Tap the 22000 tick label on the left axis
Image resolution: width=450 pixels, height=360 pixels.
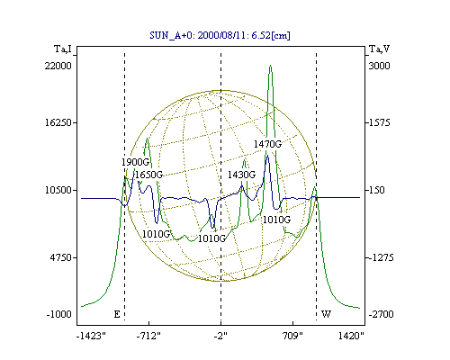coord(58,66)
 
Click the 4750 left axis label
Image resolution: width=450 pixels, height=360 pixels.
coord(59,257)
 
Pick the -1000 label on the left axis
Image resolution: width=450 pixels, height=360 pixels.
coord(59,314)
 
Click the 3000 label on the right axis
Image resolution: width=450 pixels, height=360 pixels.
coord(379,66)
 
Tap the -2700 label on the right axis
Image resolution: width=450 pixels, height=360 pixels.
coord(381,314)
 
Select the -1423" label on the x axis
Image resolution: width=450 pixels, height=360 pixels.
coord(91,336)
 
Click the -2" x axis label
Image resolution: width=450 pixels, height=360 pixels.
coord(220,336)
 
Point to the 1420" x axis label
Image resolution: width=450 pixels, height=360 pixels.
coord(351,336)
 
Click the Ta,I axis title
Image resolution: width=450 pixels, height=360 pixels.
coord(63,49)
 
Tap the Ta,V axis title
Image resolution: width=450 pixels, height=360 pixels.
coord(379,49)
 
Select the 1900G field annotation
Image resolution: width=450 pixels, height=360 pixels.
coord(135,162)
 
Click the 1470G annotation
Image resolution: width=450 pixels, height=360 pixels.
coord(267,144)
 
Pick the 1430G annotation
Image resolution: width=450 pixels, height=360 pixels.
coord(241,175)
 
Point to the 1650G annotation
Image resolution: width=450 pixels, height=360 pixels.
coord(149,175)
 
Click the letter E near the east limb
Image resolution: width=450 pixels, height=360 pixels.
coord(117,314)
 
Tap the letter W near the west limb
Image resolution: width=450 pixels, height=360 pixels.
coord(326,314)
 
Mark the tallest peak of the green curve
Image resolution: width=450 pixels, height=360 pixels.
coord(270,66)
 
